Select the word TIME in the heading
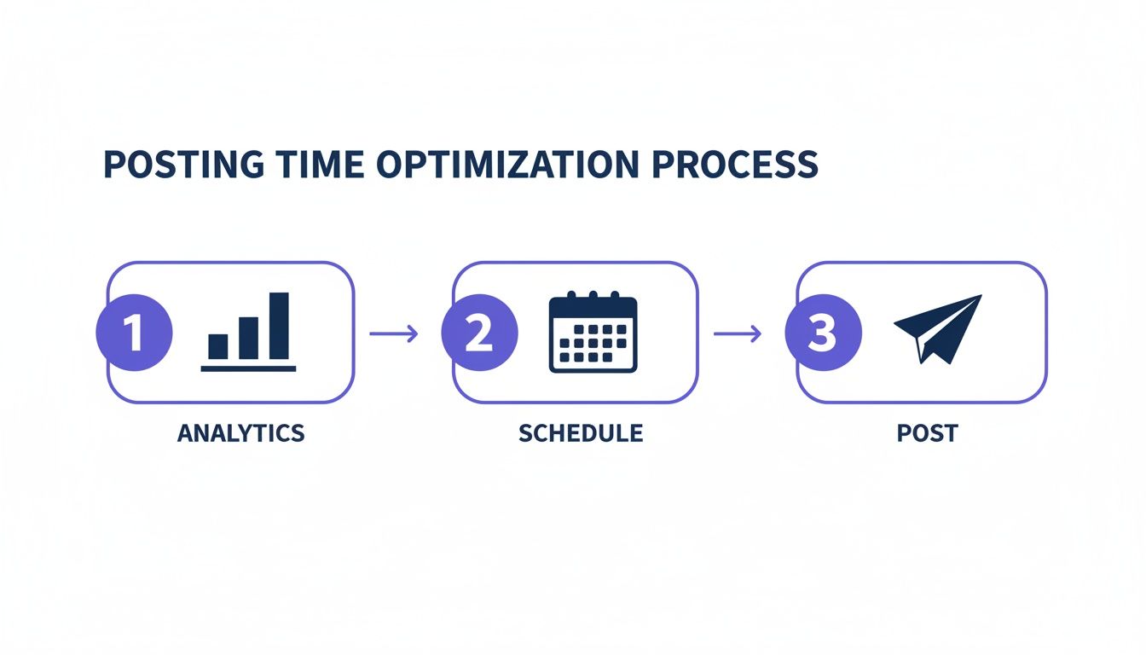tap(313, 165)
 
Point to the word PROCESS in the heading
tap(735, 165)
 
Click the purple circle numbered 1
tap(134, 333)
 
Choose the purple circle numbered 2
tap(479, 333)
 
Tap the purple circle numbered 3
tap(823, 333)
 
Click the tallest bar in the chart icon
tap(280, 326)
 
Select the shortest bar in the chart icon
tap(218, 346)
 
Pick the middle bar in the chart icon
tap(249, 338)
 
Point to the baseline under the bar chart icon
tap(248, 368)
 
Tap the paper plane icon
tap(936, 329)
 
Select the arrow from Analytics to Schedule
tap(394, 333)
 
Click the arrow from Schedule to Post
tap(738, 333)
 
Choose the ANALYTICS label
tap(240, 433)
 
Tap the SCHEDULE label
tap(581, 433)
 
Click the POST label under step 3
tap(927, 433)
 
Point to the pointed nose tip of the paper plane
tap(980, 297)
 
